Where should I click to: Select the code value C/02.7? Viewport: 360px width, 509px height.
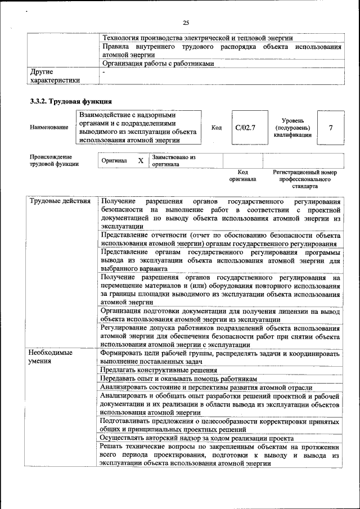245,128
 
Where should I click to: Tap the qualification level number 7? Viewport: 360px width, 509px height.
331,128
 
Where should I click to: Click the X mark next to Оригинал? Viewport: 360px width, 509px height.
141,161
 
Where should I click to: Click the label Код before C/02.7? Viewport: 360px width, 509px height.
216,128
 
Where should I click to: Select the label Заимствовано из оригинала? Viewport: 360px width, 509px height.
173,161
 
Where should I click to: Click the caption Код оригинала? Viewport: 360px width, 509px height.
242,175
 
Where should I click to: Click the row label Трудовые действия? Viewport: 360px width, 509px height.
59,201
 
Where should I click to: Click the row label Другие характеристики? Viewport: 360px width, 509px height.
54,76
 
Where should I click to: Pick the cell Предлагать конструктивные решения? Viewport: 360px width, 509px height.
159,370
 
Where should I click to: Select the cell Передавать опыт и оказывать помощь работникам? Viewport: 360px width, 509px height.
178,379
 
